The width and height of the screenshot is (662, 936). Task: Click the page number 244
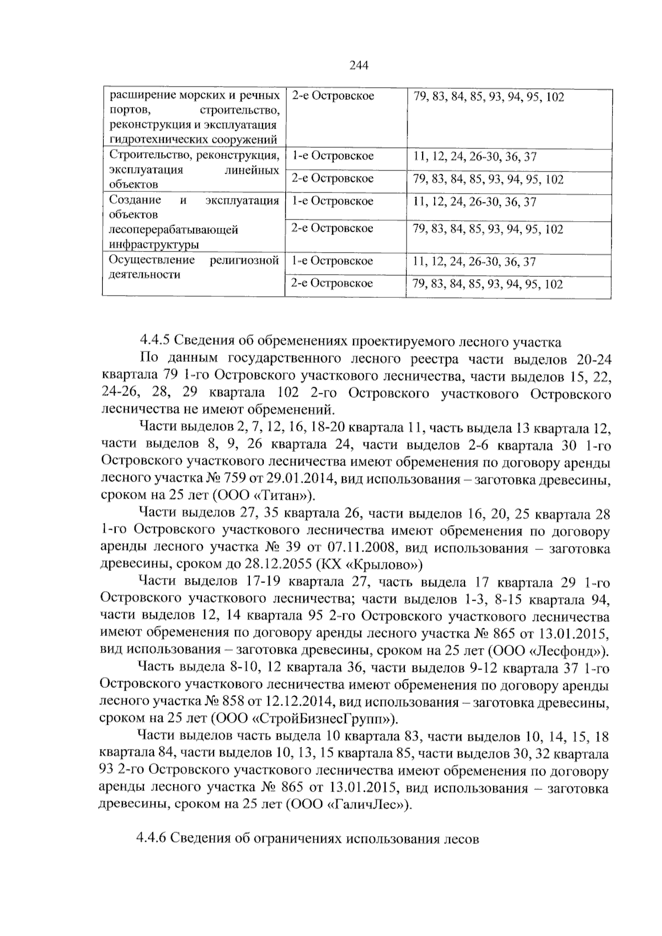coord(359,66)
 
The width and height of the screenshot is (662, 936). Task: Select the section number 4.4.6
coord(151,838)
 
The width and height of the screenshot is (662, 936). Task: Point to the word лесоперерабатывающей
coord(174,229)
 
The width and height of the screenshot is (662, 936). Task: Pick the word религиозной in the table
coord(244,260)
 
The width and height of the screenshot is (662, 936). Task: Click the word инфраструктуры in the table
coord(154,244)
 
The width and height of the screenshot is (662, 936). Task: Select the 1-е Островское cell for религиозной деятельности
coord(332,261)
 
